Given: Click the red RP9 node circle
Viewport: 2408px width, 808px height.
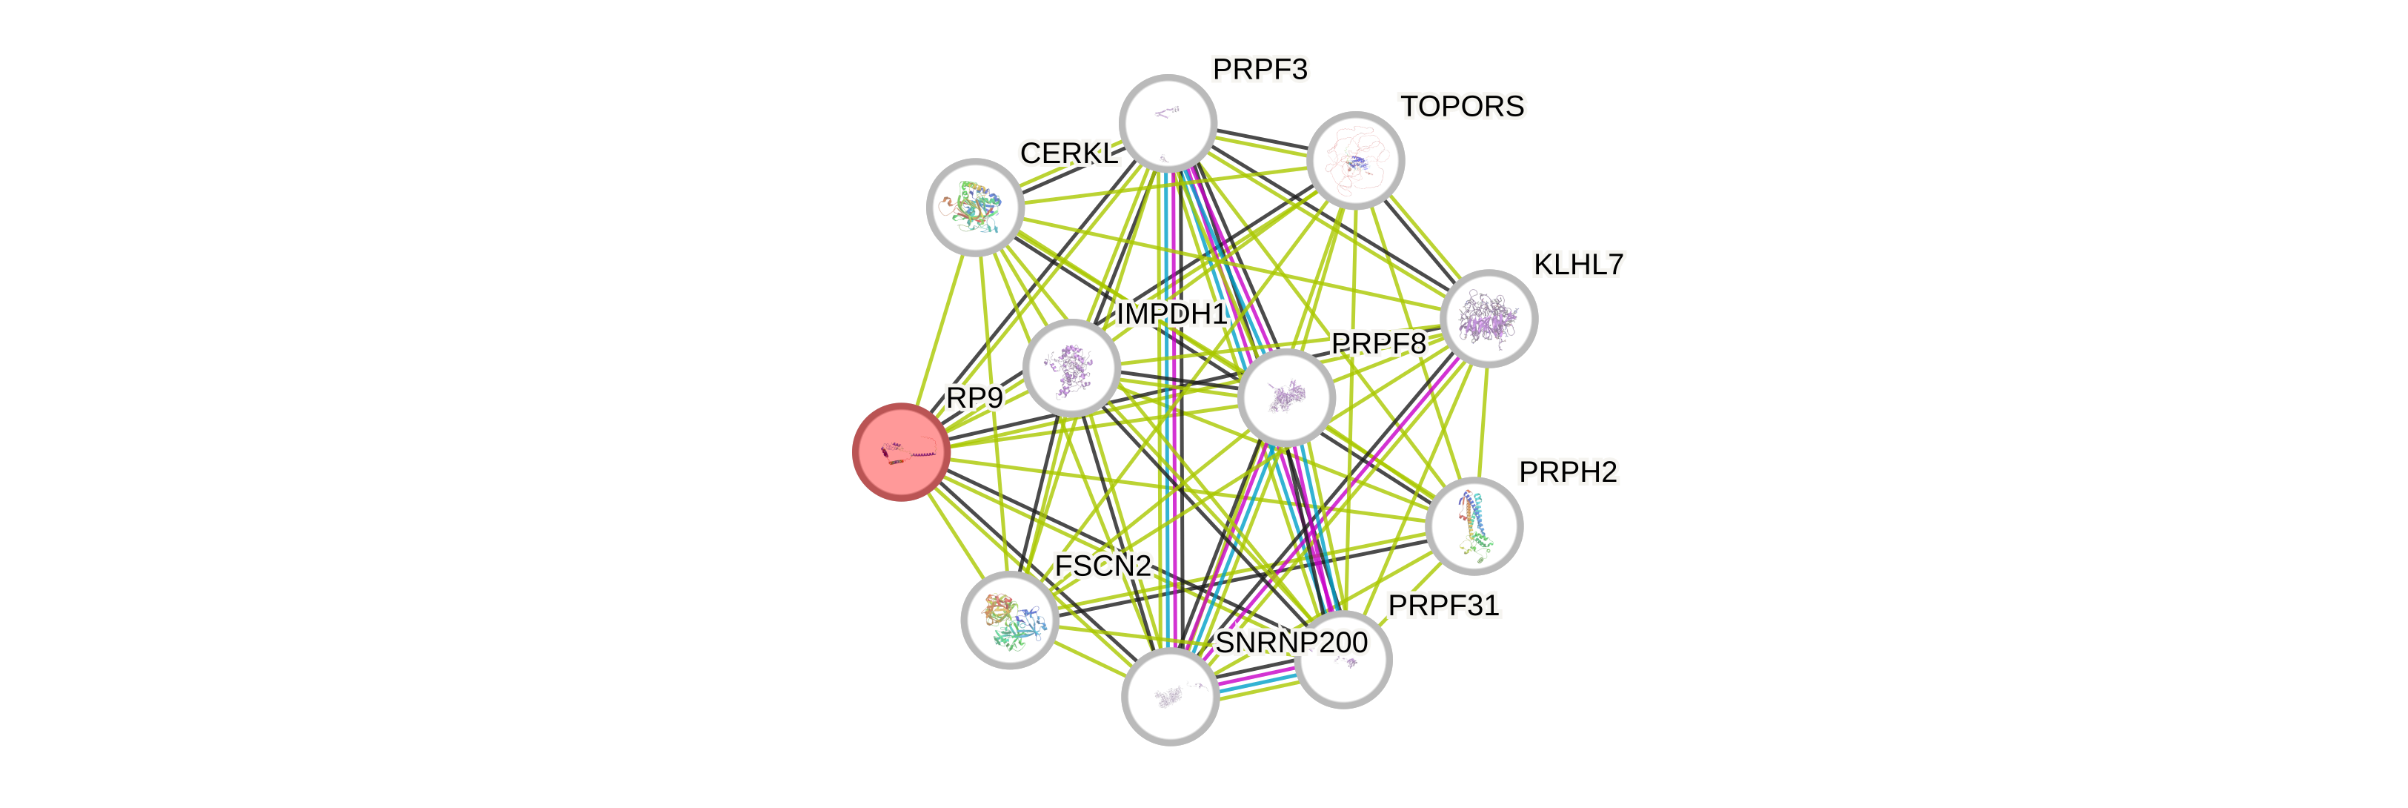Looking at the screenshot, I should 901,453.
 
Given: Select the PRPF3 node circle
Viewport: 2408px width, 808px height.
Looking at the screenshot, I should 1168,122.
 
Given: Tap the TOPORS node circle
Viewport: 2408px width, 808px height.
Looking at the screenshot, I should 1354,160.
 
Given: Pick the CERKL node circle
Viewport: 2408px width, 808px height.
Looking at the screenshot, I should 974,207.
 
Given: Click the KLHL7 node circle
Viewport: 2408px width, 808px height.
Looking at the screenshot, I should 1489,318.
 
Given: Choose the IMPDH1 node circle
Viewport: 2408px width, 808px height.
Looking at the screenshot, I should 1071,368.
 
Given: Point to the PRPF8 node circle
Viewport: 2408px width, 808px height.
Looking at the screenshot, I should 1286,397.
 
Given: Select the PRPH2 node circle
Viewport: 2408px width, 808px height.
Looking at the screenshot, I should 1474,526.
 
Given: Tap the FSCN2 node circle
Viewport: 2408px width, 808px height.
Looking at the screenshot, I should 1010,620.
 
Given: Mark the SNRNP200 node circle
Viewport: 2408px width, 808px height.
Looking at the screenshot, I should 1169,697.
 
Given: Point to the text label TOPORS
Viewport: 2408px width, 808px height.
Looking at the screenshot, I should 1462,107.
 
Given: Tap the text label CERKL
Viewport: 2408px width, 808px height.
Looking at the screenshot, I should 1069,153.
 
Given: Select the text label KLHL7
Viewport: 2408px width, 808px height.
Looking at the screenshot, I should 1579,265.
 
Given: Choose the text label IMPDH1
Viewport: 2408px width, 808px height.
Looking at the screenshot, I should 1171,314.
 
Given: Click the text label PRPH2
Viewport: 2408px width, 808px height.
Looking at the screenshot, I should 1568,473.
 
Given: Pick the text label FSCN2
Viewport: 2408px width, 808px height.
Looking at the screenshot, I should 1103,566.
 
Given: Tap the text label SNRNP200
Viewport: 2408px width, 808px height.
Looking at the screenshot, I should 1291,643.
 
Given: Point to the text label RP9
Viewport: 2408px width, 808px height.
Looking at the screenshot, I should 974,398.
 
